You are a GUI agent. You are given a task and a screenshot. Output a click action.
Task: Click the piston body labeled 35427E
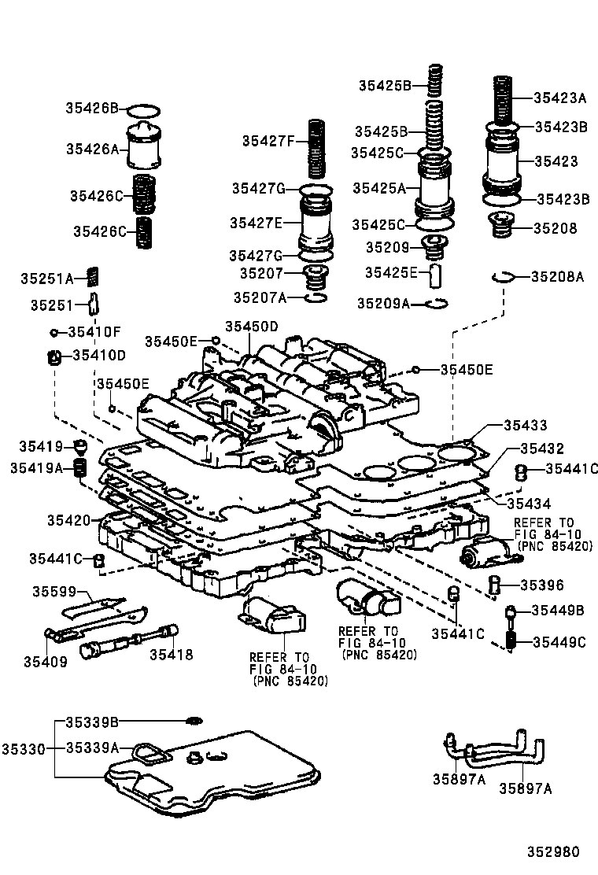coord(316,223)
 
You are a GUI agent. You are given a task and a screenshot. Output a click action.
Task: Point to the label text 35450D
coord(251,327)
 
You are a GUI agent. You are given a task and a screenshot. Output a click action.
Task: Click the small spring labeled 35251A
coord(92,276)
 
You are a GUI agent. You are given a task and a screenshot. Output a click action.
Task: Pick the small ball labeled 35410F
coord(56,332)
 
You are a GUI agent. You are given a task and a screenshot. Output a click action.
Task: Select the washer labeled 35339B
coord(194,722)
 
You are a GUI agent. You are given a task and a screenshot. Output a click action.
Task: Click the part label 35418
coord(171,654)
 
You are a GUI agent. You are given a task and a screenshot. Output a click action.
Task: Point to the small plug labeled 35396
coord(495,584)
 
